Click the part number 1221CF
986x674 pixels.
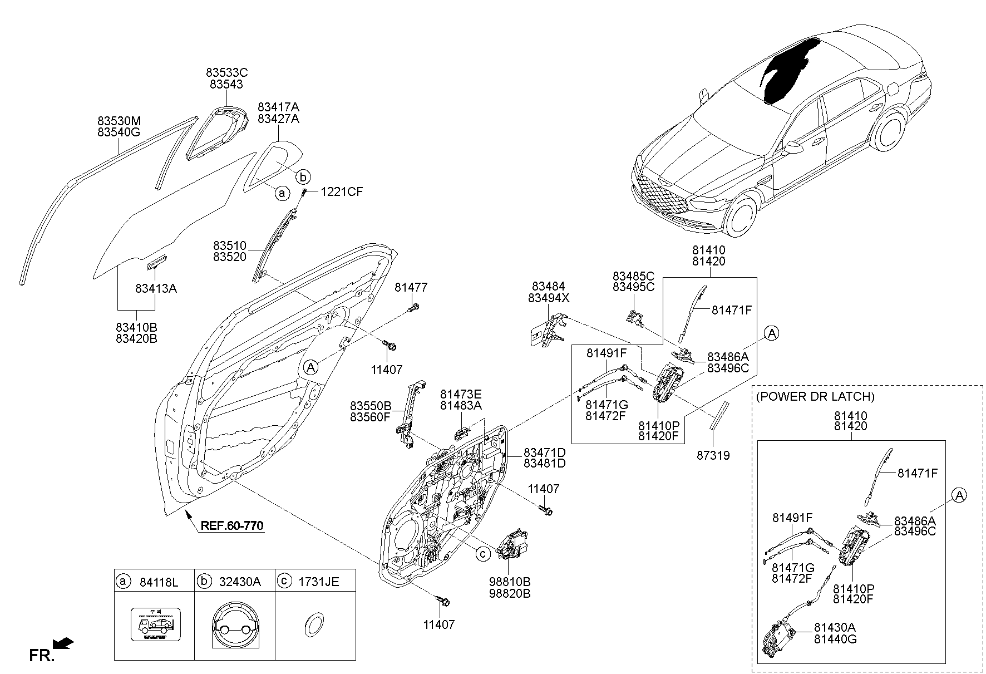pos(341,192)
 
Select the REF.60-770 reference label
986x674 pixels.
pos(231,525)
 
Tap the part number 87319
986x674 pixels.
pos(713,456)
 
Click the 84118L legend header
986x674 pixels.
pos(158,582)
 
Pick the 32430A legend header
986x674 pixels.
pos(239,582)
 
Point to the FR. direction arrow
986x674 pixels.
pos(64,644)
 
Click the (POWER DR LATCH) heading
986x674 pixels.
pos(815,397)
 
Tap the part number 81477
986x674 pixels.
pos(411,288)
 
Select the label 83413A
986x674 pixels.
pos(156,289)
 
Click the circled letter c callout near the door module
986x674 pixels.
pos(483,553)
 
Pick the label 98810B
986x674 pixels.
pos(510,582)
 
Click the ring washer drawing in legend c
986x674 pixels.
pos(314,624)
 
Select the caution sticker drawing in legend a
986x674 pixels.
pos(155,626)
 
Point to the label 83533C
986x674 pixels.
pos(226,73)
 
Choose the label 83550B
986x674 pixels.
pos(371,406)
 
